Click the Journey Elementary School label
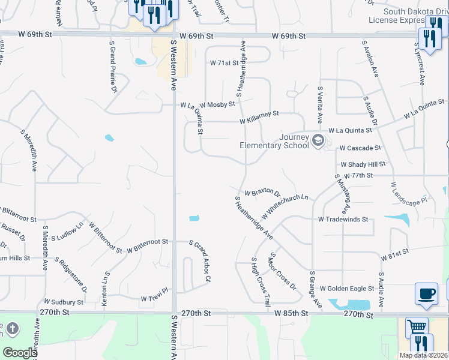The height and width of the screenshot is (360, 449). (x=274, y=141)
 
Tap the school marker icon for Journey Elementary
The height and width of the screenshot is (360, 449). (x=318, y=141)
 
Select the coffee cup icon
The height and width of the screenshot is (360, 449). (x=426, y=293)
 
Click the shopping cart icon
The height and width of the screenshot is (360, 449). (x=417, y=327)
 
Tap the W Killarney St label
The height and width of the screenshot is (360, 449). (x=259, y=117)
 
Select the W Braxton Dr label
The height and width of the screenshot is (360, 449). (x=262, y=193)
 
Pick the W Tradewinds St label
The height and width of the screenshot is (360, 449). (x=343, y=220)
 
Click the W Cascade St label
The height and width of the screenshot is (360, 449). (x=360, y=148)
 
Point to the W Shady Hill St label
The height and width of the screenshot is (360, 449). (x=363, y=164)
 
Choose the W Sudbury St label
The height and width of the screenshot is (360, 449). (x=64, y=302)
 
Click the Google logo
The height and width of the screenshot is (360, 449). (x=19, y=353)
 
